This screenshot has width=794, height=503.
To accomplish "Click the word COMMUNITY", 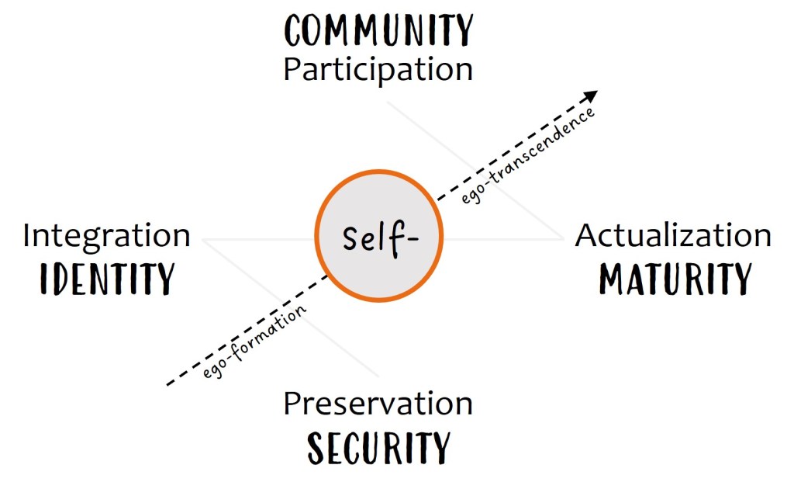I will (378, 31).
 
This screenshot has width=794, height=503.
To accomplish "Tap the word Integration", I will (106, 236).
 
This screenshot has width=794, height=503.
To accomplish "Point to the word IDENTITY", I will (107, 279).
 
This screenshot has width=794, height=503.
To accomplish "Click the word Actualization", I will (673, 236).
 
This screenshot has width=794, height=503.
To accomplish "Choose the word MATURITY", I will (675, 279).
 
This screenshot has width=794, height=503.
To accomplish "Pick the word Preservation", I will (378, 404).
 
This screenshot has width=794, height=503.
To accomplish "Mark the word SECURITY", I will (378, 448).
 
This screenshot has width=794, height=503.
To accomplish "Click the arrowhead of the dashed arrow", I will (592, 95).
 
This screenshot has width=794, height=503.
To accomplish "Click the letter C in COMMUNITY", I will (295, 31).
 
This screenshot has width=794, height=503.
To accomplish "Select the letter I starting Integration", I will (27, 236).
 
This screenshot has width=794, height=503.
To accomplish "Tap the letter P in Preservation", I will (292, 404).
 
